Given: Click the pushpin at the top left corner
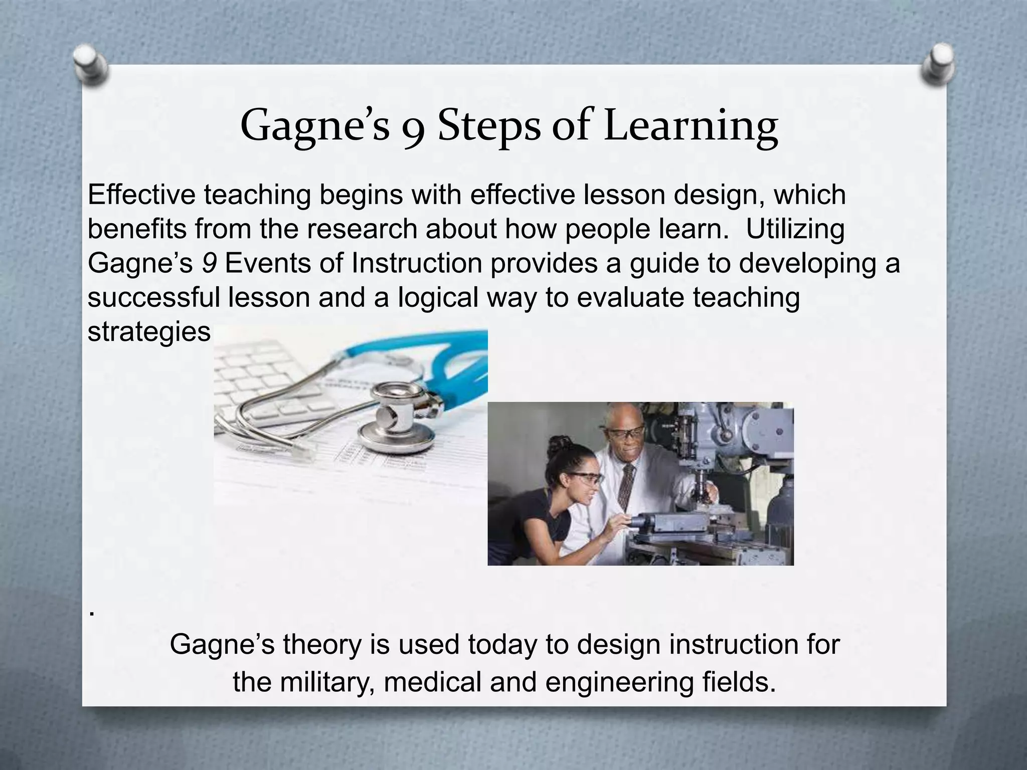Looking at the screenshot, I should (90, 64).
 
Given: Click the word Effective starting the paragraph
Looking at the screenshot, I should (141, 195).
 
